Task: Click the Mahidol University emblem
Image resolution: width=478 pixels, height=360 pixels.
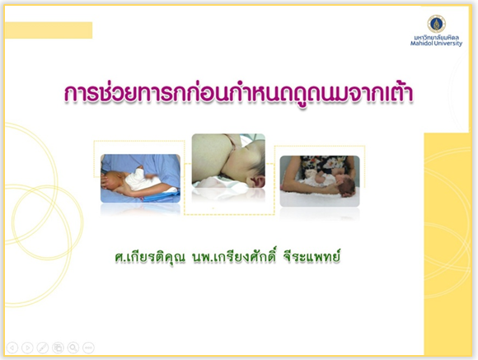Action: coord(436,24)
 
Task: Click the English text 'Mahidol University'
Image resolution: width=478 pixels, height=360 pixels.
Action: coord(436,44)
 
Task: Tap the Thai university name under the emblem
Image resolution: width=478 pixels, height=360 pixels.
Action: coord(436,38)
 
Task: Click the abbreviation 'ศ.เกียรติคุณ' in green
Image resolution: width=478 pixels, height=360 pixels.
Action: coord(150,258)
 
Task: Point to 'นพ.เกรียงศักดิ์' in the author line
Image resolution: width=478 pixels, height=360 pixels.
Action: coord(233,257)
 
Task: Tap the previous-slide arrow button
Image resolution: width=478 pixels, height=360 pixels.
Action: coord(12,348)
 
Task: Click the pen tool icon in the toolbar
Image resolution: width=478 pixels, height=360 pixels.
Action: coord(43,348)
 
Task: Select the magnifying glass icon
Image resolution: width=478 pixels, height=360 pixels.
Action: coord(73,348)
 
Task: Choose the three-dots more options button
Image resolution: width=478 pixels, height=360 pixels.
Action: coord(88,348)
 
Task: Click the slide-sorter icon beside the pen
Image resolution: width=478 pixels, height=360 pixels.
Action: coord(58,348)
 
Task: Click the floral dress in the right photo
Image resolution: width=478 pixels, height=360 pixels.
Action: coord(323,166)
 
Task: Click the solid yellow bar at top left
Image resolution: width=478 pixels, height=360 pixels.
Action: coord(49,30)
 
